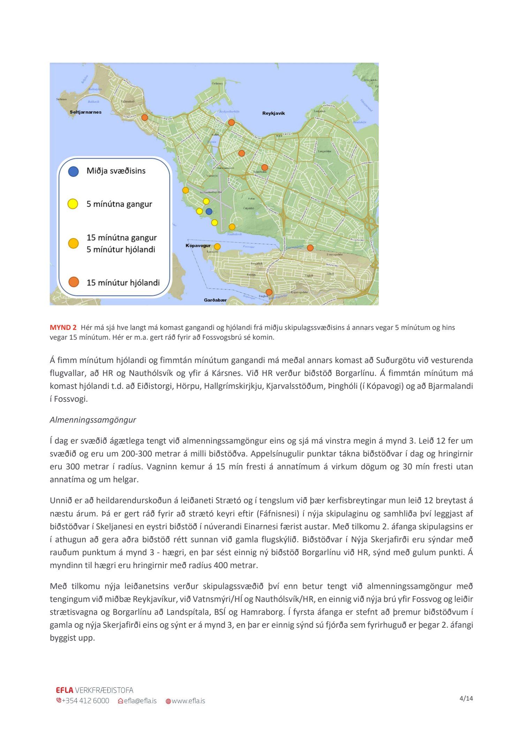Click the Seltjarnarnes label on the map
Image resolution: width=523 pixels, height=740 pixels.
(x=85, y=112)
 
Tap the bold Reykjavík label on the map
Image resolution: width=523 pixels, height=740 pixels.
(x=273, y=113)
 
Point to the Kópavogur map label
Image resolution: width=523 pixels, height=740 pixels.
(x=198, y=246)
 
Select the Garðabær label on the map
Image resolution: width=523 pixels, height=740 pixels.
(x=215, y=300)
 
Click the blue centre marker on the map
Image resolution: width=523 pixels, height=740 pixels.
(x=209, y=211)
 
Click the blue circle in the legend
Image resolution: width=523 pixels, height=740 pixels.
(x=73, y=171)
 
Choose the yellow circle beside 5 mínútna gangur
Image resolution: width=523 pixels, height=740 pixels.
(x=73, y=204)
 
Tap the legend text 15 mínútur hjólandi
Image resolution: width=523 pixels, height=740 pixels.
(x=123, y=282)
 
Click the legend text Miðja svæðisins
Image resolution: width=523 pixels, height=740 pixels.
(x=116, y=171)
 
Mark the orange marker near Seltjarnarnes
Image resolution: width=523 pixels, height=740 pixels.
(x=145, y=118)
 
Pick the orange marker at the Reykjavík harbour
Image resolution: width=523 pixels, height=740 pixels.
(x=231, y=122)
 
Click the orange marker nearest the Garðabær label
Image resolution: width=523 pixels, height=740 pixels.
(x=269, y=292)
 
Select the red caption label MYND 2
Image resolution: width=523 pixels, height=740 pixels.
(x=63, y=327)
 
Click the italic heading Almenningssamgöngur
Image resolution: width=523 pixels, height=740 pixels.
(x=93, y=420)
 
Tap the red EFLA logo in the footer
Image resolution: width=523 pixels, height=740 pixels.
(x=65, y=690)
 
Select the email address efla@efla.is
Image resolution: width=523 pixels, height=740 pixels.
(x=140, y=701)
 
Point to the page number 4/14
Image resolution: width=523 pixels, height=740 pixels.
(x=466, y=699)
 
